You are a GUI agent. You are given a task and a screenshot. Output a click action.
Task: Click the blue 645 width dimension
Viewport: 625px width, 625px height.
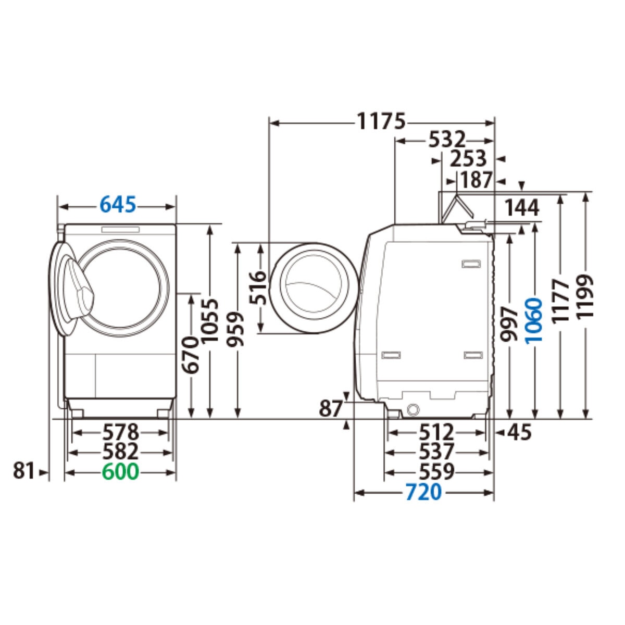pyautogui.click(x=118, y=205)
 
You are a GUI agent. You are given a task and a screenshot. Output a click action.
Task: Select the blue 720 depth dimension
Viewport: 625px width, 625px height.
pyautogui.click(x=423, y=492)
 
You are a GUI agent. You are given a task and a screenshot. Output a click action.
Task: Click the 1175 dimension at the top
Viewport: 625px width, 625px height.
pyautogui.click(x=381, y=121)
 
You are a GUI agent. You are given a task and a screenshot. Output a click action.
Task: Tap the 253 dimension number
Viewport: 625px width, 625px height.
pyautogui.click(x=468, y=159)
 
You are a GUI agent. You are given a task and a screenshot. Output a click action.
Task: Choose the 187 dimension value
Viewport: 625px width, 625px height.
pyautogui.click(x=477, y=180)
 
